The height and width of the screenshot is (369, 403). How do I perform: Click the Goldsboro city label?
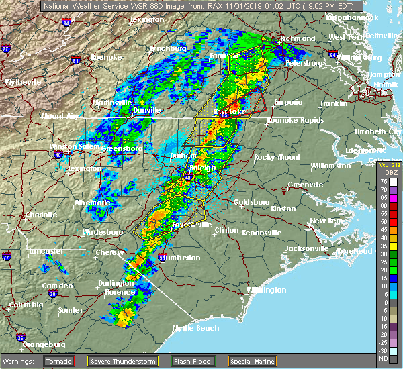pos(252,202)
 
